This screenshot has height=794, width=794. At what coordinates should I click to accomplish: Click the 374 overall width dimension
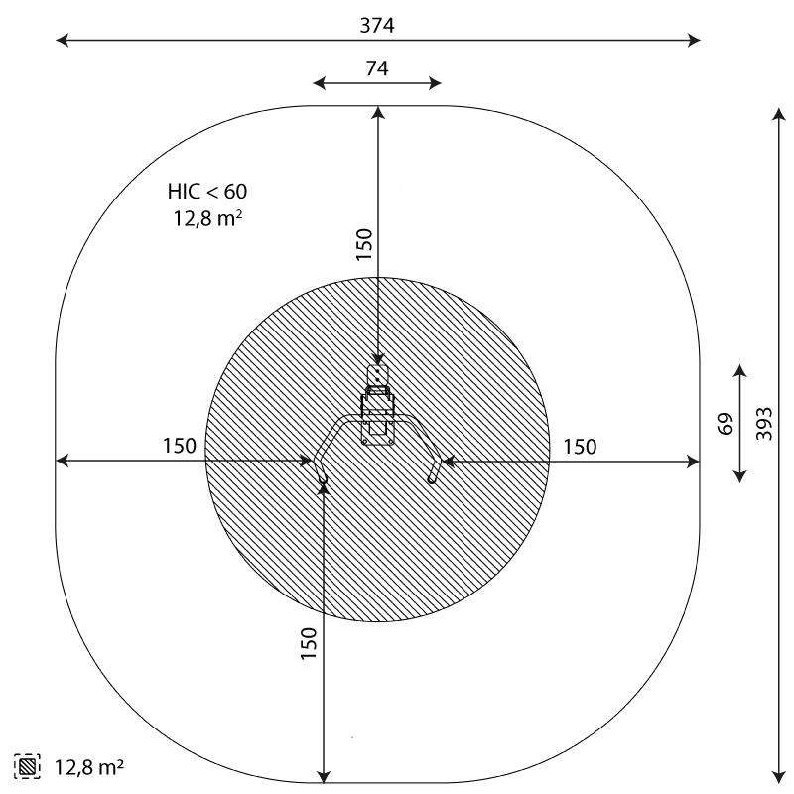coord(377,26)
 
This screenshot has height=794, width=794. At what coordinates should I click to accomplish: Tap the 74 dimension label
coord(377,68)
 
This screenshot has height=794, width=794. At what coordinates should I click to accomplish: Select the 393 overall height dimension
coord(764,424)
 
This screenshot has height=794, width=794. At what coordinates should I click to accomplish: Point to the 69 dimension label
coord(726,424)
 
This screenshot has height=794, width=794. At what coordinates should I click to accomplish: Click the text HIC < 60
coord(207,192)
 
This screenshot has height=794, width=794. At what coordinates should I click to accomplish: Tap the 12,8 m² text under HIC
coord(207,218)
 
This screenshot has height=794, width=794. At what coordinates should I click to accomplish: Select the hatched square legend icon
coord(28,766)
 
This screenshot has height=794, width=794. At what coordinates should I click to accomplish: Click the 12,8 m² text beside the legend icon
coord(89,767)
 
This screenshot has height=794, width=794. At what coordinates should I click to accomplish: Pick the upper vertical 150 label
coord(364,244)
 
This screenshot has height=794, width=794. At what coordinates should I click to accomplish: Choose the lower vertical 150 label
coord(309,643)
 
